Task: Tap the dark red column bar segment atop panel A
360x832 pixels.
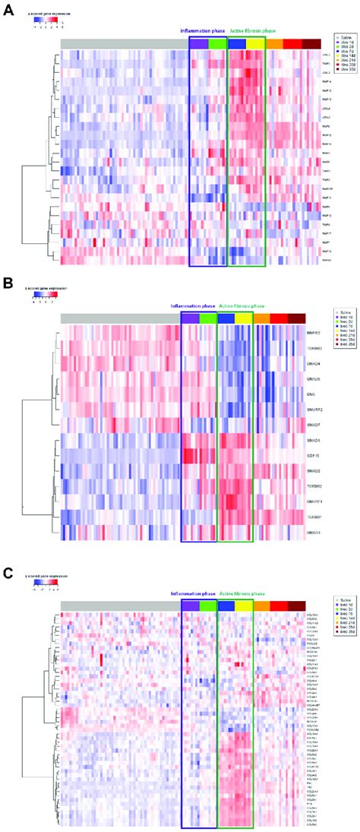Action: [x=311, y=44]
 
